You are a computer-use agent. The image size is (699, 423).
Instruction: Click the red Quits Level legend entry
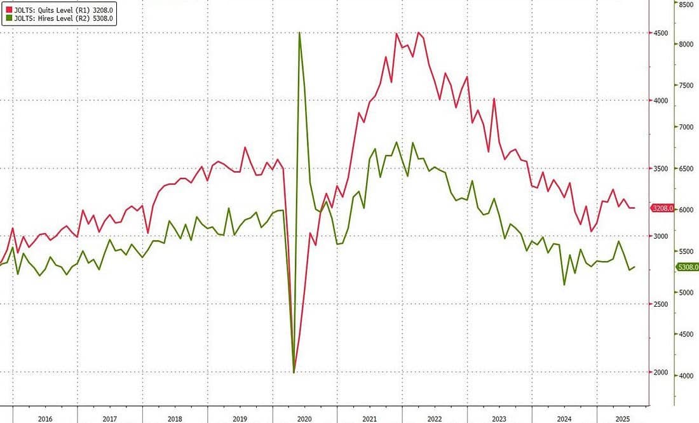(x=60, y=10)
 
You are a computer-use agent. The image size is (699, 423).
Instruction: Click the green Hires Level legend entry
(x=60, y=18)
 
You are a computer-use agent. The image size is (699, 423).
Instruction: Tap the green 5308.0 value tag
(x=688, y=267)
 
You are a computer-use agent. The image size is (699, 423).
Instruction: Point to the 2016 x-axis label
(x=45, y=419)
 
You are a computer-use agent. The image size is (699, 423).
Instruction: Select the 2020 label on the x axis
(x=304, y=419)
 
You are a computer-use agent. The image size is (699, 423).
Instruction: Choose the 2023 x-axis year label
(x=499, y=419)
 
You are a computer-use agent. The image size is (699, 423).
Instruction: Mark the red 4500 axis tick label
(x=660, y=33)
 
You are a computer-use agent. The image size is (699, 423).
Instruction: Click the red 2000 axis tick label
(x=660, y=372)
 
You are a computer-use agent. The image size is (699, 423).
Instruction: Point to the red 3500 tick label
(x=660, y=168)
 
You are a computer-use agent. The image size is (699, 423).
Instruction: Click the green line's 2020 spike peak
(x=299, y=33)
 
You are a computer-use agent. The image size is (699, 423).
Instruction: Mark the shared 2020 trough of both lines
(x=294, y=372)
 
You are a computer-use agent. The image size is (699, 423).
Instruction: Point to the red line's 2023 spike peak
(x=494, y=99)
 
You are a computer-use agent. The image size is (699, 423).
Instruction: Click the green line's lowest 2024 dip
(x=564, y=285)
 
